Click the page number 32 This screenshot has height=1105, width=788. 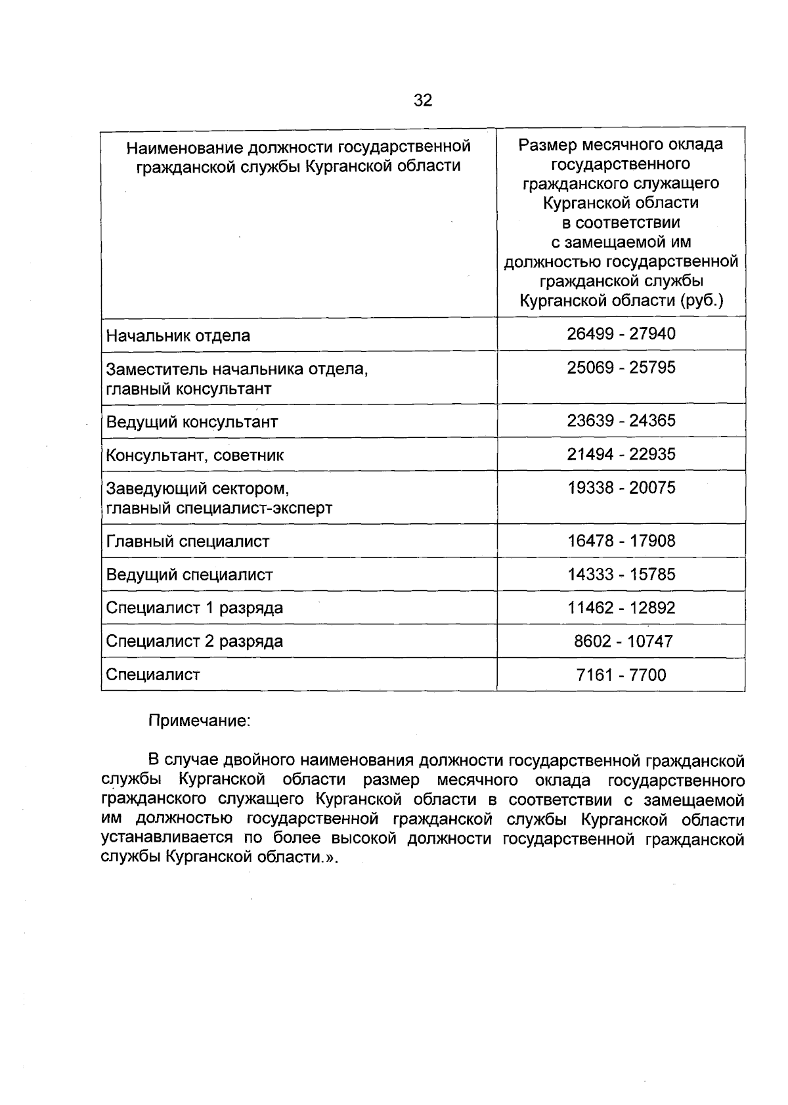click(x=423, y=100)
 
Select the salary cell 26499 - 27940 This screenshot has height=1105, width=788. click(x=621, y=334)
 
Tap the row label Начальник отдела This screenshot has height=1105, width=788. click(x=178, y=336)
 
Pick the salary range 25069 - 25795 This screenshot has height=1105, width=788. click(x=621, y=368)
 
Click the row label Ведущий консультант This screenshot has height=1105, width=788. click(x=192, y=422)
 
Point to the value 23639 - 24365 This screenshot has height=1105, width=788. click(x=621, y=421)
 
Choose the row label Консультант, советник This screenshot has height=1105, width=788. click(x=194, y=456)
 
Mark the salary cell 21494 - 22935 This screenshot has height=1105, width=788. click(x=621, y=454)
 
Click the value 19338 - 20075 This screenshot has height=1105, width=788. click(x=621, y=488)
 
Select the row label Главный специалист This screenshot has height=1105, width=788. click(x=188, y=542)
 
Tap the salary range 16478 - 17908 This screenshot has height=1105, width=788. click(x=621, y=542)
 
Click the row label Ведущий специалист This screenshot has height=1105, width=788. click(x=189, y=575)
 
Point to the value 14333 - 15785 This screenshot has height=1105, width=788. click(x=621, y=574)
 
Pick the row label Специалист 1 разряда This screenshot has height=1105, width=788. click(x=194, y=608)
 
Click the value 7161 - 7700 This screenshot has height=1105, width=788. click(x=621, y=675)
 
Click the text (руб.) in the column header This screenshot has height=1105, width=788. click(x=701, y=301)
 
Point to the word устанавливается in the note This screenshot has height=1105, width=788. click(x=167, y=839)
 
